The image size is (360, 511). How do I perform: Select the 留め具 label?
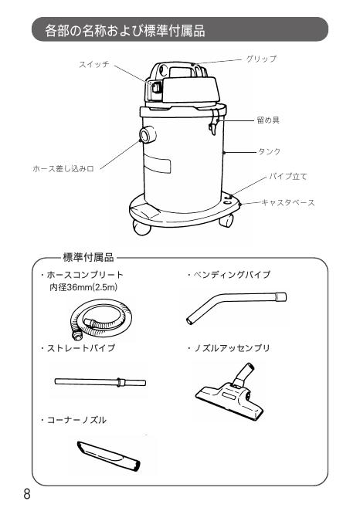[x=267, y=121]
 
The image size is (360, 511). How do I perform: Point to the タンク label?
[x=267, y=152]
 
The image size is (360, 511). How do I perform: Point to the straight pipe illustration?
[x=100, y=381]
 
